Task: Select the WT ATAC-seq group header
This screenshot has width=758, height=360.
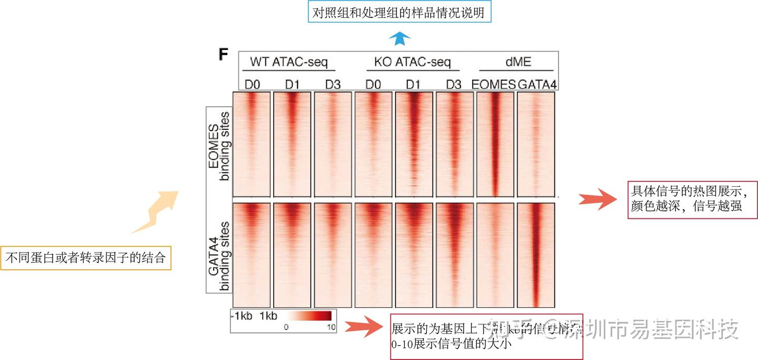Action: [288, 62]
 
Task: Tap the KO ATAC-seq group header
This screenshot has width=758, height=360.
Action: [413, 62]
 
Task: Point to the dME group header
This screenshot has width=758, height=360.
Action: [518, 62]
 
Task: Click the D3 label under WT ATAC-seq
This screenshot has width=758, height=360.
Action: [333, 84]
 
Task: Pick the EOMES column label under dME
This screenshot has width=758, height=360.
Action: [493, 84]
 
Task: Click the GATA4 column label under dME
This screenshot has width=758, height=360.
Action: [537, 84]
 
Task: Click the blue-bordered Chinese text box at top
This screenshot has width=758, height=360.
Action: [400, 13]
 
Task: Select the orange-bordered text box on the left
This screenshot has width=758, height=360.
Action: [86, 258]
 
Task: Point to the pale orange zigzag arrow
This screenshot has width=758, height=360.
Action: [155, 213]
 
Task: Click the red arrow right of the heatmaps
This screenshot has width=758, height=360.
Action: [597, 199]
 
